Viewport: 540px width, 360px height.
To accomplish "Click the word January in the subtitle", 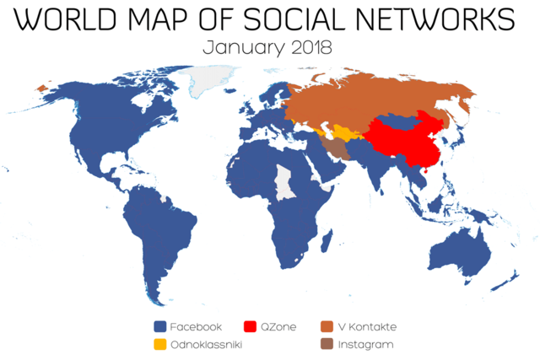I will click(x=237, y=48).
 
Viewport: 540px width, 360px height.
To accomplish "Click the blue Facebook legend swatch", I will click(x=159, y=326).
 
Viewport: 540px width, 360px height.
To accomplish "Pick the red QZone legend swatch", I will click(x=250, y=326).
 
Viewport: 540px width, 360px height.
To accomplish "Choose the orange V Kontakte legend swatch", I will click(x=327, y=326).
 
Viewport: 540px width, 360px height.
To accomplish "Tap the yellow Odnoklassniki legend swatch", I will click(x=159, y=344).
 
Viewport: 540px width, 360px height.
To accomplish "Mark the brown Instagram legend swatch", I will click(x=327, y=344).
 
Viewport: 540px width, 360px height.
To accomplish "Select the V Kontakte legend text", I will click(x=367, y=326).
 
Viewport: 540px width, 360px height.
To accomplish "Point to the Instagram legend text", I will click(x=365, y=344).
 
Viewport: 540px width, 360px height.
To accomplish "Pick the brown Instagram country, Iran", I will click(x=335, y=148).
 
